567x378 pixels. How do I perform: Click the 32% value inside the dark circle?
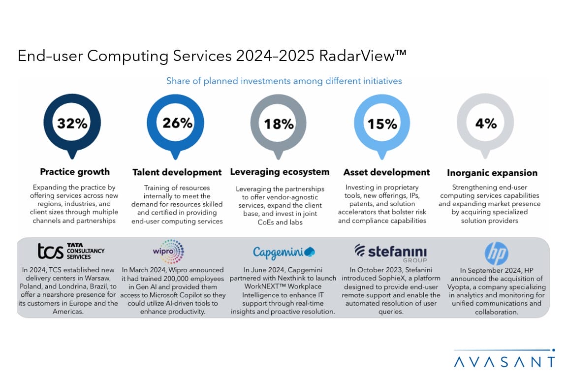click(72, 124)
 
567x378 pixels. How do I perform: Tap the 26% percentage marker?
click(177, 123)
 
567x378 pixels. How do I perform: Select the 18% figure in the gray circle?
click(279, 124)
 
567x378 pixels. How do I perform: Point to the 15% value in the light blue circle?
click(382, 124)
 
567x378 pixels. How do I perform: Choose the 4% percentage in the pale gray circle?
click(486, 123)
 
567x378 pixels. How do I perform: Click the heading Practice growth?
click(75, 172)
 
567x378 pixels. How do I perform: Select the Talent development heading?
click(177, 172)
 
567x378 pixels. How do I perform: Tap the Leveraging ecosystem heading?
click(280, 172)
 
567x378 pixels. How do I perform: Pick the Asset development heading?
click(386, 172)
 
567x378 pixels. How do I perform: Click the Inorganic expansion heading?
click(492, 173)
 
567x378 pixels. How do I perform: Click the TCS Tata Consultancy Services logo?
click(71, 251)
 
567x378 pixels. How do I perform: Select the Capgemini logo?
click(283, 252)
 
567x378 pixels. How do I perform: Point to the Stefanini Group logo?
click(390, 252)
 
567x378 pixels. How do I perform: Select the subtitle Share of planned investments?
click(284, 81)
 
